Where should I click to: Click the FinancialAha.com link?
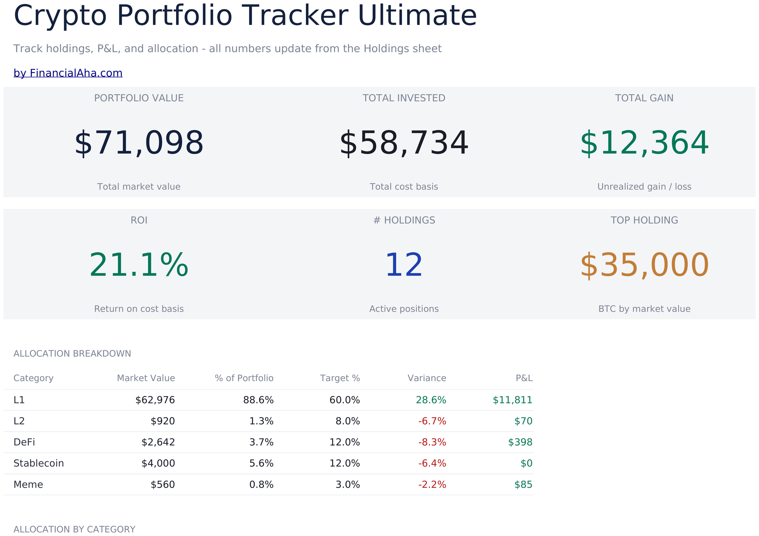pos(68,73)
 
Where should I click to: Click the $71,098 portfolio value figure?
pos(139,143)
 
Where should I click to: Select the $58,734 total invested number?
pos(404,143)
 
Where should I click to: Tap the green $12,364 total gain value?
pos(644,143)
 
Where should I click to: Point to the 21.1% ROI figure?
pos(139,265)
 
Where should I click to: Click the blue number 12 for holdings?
pos(404,265)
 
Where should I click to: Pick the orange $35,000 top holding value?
pos(644,265)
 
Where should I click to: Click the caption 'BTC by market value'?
pos(644,309)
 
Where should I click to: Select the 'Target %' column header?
pos(340,378)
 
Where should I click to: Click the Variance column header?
pos(427,378)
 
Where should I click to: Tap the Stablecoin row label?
pos(39,463)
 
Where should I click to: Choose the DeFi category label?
pos(24,442)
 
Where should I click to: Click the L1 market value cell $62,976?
pos(155,400)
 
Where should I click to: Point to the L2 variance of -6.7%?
pos(432,421)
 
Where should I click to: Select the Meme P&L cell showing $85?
pos(523,484)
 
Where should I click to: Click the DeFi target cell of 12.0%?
pos(345,442)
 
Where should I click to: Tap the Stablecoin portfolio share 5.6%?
pos(261,463)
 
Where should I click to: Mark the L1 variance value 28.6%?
pos(431,400)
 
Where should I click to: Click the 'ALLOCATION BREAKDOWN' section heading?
pos(72,354)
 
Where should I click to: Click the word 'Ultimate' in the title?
pos(417,16)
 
